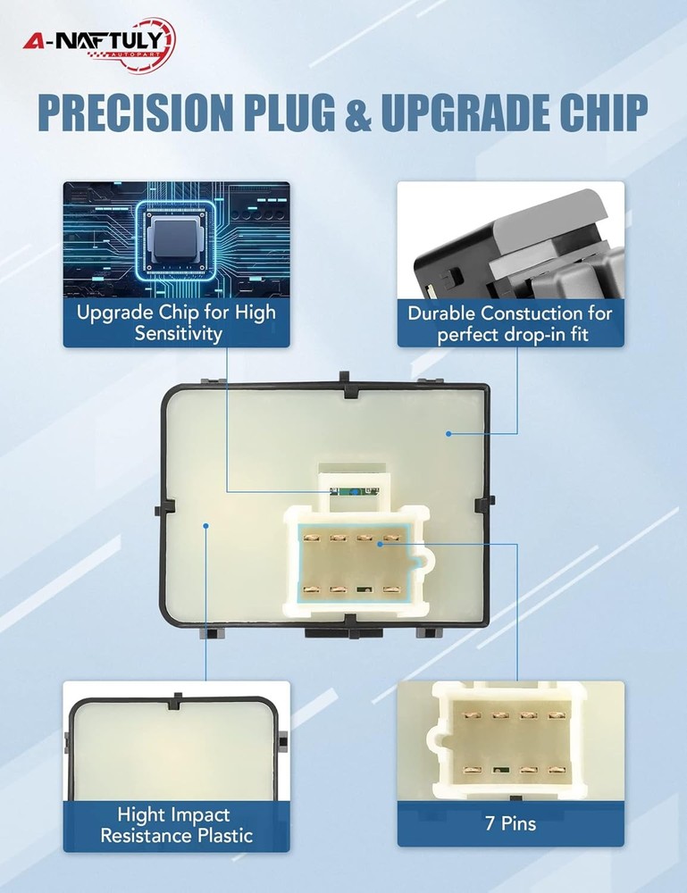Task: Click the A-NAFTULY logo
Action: tap(99, 45)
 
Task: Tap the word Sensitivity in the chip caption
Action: tap(178, 333)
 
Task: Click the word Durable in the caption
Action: tap(441, 313)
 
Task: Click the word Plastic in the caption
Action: tap(224, 836)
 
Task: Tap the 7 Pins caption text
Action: tap(510, 823)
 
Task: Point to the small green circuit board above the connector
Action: tap(354, 491)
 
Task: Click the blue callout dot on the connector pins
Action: tap(380, 544)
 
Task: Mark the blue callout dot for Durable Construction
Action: tap(448, 434)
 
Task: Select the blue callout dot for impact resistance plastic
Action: tap(206, 526)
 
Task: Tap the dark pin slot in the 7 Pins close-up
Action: tap(500, 770)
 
